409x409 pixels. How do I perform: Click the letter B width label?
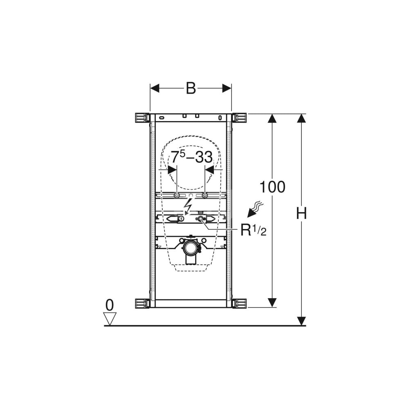tap(191, 88)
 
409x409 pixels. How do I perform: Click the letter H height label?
tap(301, 213)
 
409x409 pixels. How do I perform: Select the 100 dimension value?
tap(272, 187)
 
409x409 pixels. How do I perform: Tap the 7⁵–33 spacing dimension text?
tap(191, 157)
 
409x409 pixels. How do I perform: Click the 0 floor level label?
tap(110, 305)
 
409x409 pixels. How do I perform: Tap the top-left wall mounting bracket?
tap(142, 118)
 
